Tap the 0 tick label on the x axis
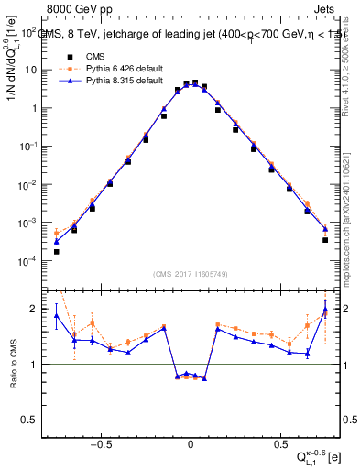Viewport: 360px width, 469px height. pos(191,441)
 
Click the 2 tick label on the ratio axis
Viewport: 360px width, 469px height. pos(38,309)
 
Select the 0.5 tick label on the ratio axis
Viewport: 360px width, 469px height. pos(34,420)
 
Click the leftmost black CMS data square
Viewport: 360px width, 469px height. pos(56,251)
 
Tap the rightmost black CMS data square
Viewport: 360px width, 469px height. pos(325,240)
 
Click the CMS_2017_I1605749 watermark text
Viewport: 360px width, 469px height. pos(191,273)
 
